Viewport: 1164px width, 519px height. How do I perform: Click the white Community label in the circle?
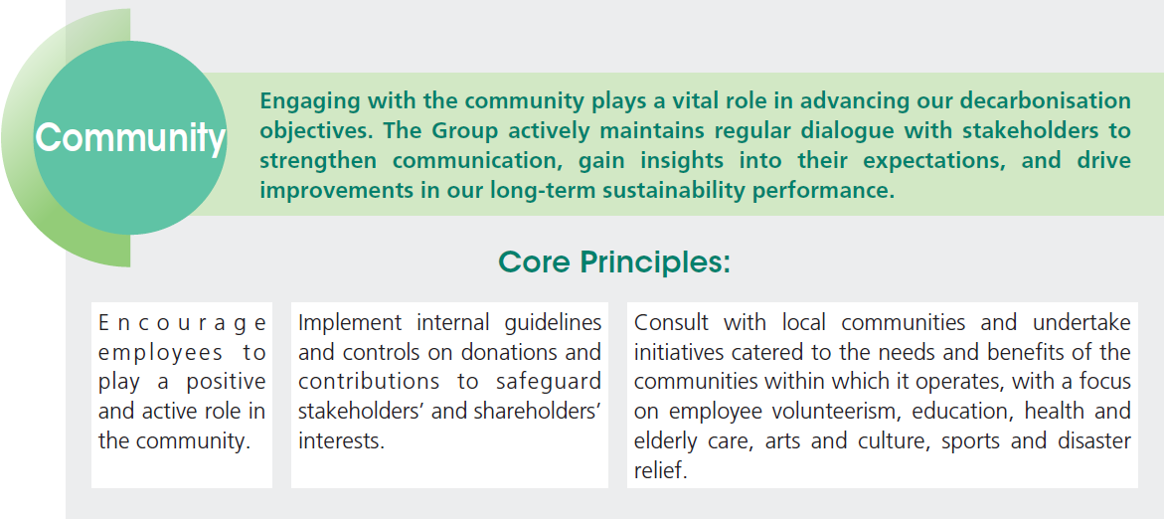point(130,137)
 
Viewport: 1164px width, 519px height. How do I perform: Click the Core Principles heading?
point(614,262)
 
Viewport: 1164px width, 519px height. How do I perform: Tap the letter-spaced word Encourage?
point(182,324)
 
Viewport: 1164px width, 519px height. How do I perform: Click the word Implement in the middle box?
point(350,323)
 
